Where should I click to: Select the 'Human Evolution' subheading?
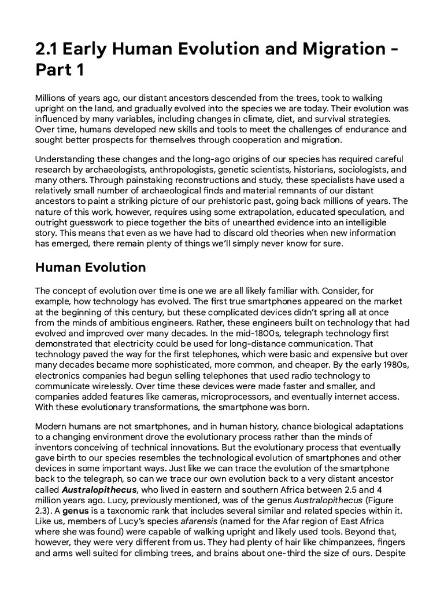coord(91,268)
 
